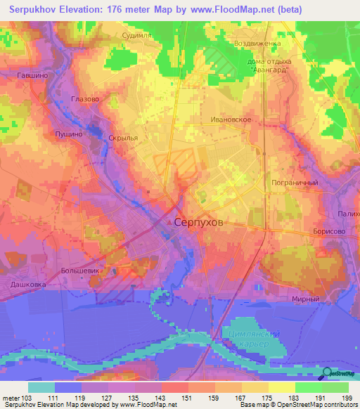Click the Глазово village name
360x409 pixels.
click(86, 99)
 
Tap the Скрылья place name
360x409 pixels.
click(122, 138)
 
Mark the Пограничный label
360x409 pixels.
click(295, 183)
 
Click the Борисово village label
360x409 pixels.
click(330, 231)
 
